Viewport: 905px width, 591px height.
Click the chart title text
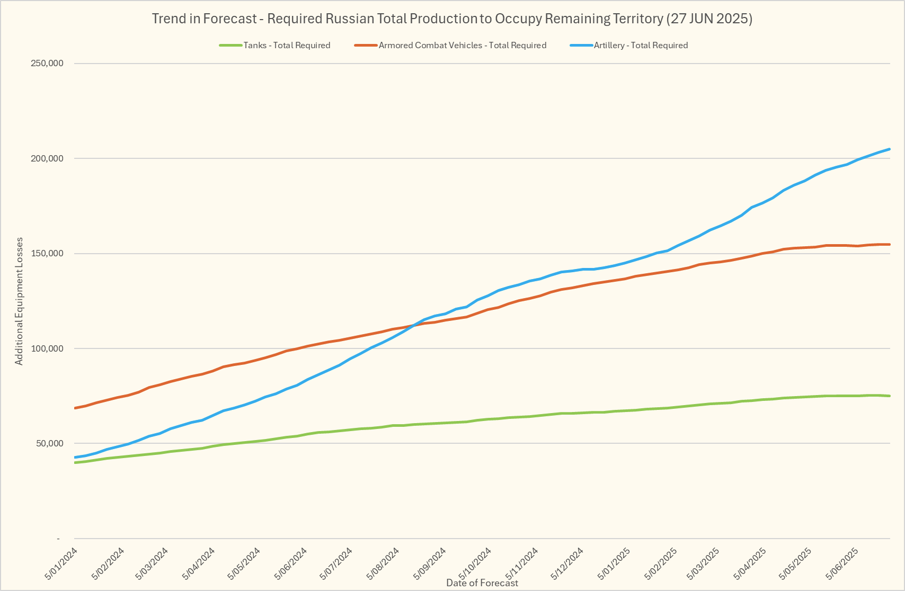pyautogui.click(x=452, y=19)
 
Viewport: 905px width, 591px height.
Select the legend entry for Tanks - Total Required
pyautogui.click(x=287, y=46)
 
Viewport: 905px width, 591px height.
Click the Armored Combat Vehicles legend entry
pyautogui.click(x=462, y=46)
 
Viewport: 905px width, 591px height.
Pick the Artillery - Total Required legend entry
pyautogui.click(x=641, y=46)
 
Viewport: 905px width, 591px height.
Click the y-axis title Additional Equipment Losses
pyautogui.click(x=19, y=301)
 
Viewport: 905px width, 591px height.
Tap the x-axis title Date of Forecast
pyautogui.click(x=482, y=583)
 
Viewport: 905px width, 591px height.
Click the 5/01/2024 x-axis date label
pyautogui.click(x=61, y=563)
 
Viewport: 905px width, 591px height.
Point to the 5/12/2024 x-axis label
pyautogui.click(x=567, y=563)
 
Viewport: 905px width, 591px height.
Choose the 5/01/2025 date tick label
pyautogui.click(x=614, y=563)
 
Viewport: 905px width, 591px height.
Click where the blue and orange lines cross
pyautogui.click(x=414, y=325)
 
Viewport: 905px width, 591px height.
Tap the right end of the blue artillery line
pyautogui.click(x=890, y=149)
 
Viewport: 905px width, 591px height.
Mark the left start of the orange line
pyautogui.click(x=75, y=408)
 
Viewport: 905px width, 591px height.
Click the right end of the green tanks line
pyautogui.click(x=890, y=396)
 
